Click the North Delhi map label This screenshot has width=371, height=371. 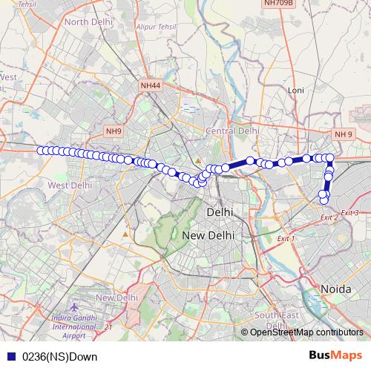(x=88, y=22)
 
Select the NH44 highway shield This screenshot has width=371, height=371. (x=150, y=86)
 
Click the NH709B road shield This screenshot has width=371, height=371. (x=278, y=4)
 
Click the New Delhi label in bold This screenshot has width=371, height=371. (x=208, y=235)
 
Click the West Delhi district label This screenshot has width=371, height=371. (x=69, y=185)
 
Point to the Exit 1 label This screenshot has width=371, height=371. (x=286, y=239)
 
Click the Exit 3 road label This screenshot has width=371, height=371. (x=350, y=213)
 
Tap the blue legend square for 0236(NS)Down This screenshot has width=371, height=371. (x=11, y=356)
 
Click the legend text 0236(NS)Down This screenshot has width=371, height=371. (x=59, y=356)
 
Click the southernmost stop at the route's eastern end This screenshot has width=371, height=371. (x=324, y=200)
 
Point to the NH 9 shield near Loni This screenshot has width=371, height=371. (x=343, y=134)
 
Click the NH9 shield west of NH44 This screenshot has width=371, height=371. (x=114, y=131)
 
